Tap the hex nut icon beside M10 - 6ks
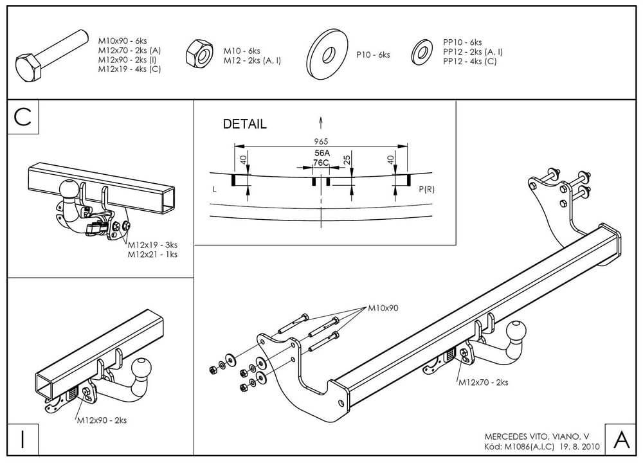coord(199,53)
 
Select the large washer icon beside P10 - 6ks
coord(327,53)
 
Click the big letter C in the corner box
coord(23,117)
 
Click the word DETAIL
coord(244,125)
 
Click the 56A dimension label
coord(321,154)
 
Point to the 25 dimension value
coord(347,161)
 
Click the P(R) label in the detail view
coord(426,190)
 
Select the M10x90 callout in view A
coord(383,309)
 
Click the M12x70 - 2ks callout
coord(483,382)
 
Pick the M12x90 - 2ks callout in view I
coord(102,420)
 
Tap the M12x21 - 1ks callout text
coord(152,255)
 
